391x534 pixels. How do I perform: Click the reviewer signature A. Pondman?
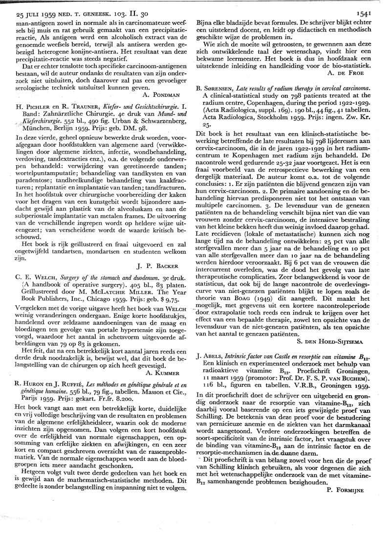(x=165, y=94)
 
